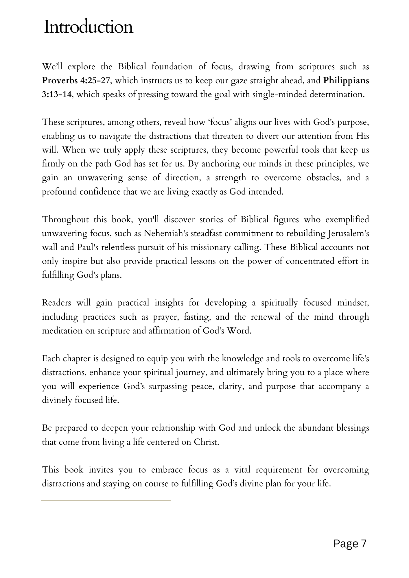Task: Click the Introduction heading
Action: (x=88, y=27)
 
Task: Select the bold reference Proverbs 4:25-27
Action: (x=76, y=81)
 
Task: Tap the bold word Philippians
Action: (x=346, y=81)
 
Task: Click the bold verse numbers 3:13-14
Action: (x=56, y=95)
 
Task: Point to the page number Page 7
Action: (x=350, y=544)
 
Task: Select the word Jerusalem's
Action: (x=348, y=234)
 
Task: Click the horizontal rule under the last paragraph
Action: (x=106, y=500)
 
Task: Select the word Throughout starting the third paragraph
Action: (x=65, y=220)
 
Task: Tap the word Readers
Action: (x=56, y=303)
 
